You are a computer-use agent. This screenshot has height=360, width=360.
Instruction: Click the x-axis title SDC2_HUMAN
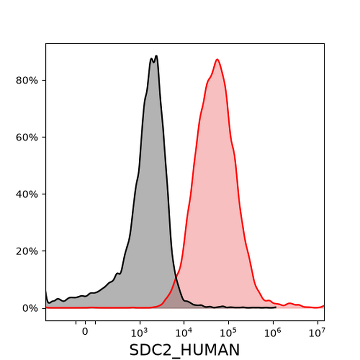[184, 350]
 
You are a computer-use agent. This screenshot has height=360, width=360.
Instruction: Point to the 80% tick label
[27, 81]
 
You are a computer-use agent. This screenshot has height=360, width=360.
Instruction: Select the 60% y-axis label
[27, 137]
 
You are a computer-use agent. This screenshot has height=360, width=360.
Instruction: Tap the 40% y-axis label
[27, 195]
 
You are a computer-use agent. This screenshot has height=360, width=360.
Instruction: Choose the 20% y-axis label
[27, 251]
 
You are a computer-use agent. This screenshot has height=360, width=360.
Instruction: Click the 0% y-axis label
[30, 308]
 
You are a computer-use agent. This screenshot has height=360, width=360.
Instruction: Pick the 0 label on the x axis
[85, 331]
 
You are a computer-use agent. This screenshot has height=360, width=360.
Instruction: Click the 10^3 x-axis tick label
[140, 332]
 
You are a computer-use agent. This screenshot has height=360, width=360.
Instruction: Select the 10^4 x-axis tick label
[184, 332]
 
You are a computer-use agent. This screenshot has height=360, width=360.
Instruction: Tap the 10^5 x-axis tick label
[229, 332]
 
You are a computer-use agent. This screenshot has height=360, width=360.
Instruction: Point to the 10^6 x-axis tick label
[273, 332]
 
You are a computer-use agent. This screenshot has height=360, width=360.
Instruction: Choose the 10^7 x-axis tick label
[317, 332]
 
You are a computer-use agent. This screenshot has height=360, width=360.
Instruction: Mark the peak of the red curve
[217, 60]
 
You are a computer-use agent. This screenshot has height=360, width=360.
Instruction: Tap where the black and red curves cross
[176, 278]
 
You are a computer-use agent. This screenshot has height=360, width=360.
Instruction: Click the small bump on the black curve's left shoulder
[118, 273]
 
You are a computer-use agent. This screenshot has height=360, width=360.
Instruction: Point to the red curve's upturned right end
[324, 306]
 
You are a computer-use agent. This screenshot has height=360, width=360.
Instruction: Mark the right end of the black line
[276, 307]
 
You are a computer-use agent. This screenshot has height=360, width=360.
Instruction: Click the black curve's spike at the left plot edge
[46, 292]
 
